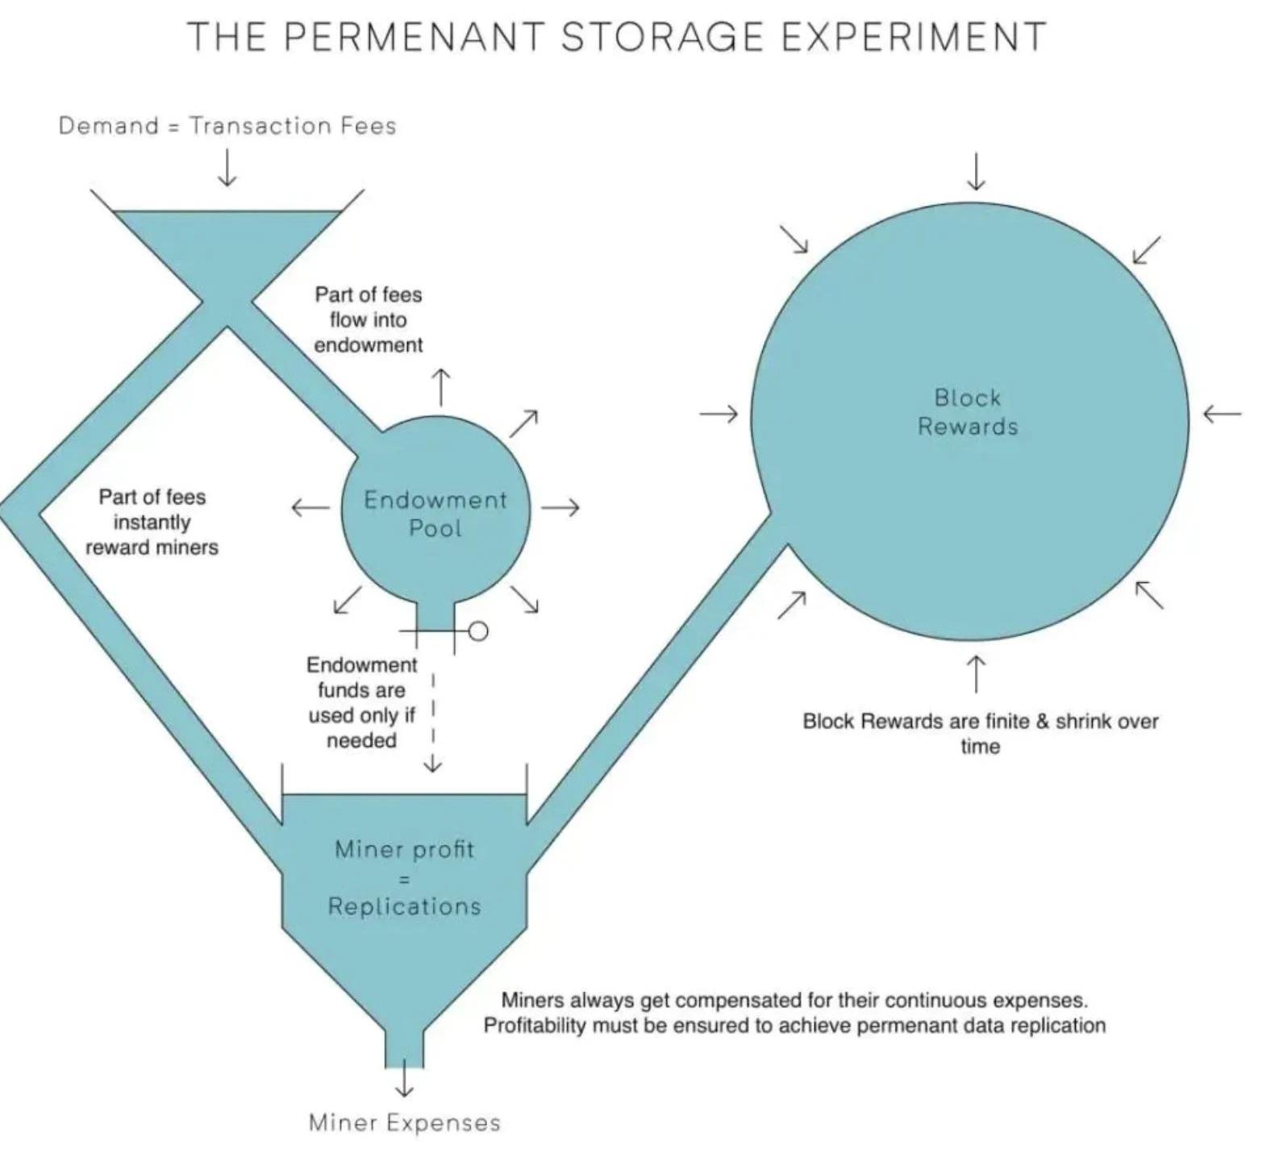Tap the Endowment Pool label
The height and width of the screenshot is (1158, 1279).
[x=435, y=514]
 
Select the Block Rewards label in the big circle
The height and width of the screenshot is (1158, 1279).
[x=968, y=411]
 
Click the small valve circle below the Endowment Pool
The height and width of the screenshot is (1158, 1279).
[x=478, y=631]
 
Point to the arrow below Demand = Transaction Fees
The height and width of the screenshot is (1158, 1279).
[x=227, y=167]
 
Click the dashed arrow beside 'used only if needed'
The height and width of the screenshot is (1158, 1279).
[x=434, y=726]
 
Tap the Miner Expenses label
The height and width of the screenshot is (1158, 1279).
[x=405, y=1123]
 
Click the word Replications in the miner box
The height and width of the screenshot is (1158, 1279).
[x=405, y=906]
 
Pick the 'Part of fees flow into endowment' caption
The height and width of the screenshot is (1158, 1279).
[x=369, y=319]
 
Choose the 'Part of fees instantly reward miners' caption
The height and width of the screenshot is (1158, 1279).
[x=152, y=522]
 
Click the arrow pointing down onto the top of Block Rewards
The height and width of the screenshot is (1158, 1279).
[x=976, y=171]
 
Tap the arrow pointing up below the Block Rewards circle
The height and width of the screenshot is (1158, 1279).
[x=976, y=674]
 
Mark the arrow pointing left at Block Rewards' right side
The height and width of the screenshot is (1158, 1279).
[x=1222, y=414]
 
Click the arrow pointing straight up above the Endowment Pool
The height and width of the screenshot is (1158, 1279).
[x=441, y=387]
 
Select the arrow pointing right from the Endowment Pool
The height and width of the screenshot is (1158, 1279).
[x=560, y=507]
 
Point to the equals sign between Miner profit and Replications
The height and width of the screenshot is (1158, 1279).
[x=405, y=878]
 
